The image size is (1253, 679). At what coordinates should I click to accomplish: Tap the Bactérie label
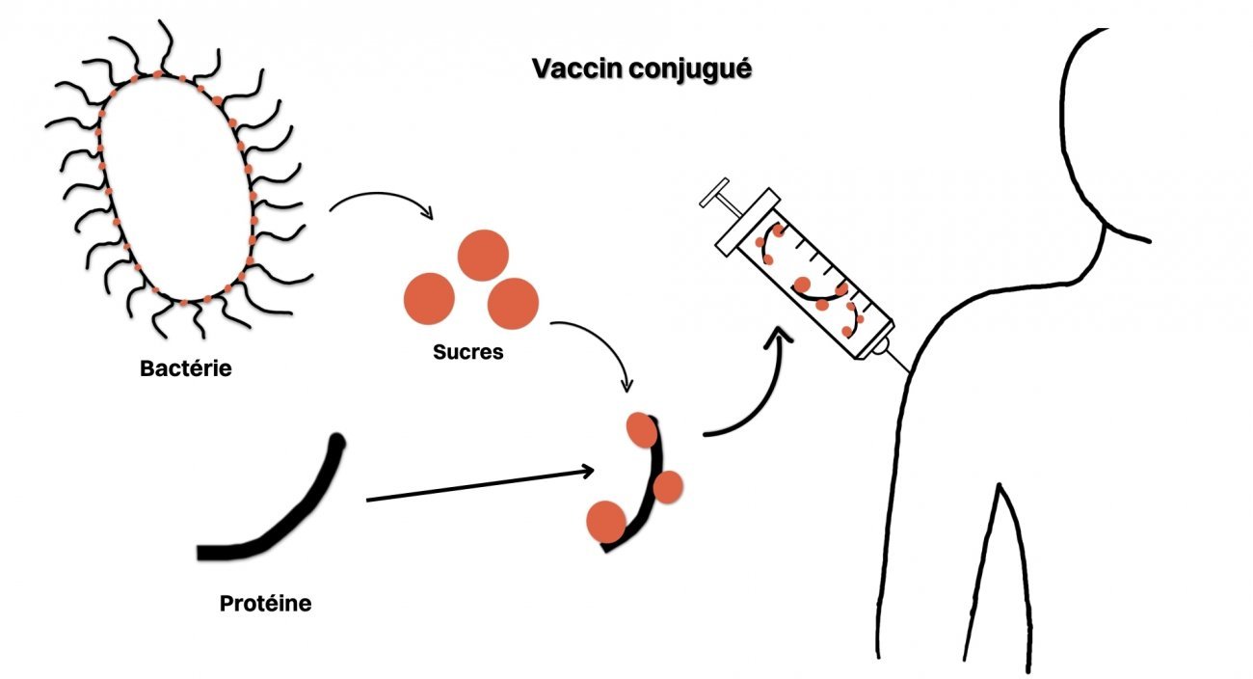(x=186, y=368)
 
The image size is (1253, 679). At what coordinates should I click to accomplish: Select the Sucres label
(x=468, y=351)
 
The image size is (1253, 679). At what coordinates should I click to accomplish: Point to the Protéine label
(x=265, y=605)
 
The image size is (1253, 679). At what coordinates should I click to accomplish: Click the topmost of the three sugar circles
(x=482, y=255)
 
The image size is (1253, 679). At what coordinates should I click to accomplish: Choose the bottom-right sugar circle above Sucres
(x=513, y=303)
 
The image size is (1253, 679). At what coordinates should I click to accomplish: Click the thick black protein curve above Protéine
(x=289, y=511)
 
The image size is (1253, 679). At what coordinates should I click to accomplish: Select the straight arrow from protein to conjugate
(x=477, y=486)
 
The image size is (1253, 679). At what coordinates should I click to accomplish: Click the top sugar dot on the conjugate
(x=641, y=429)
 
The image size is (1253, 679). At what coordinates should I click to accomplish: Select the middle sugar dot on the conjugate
(x=668, y=487)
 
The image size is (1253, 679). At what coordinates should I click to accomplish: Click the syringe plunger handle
(x=719, y=201)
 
